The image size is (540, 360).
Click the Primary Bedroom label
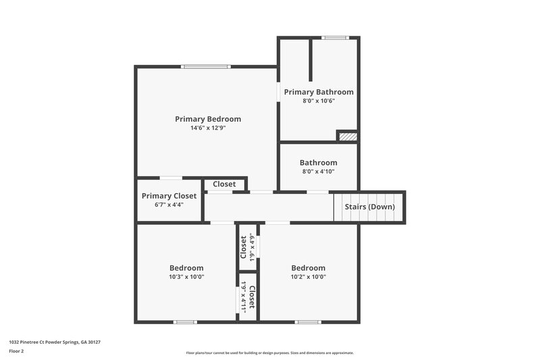tap(208, 119)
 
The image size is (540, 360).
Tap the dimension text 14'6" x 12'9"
tap(208, 128)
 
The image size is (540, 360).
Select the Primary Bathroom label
tap(319, 92)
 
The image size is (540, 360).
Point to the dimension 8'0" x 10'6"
tap(319, 101)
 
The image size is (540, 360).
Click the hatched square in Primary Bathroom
tap(347, 136)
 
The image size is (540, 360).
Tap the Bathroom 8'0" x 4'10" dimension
tap(319, 172)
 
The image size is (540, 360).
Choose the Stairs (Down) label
tap(370, 207)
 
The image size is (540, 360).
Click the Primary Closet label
tap(169, 196)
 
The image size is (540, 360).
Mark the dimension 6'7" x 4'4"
tap(169, 205)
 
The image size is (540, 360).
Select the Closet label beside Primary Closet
tap(224, 184)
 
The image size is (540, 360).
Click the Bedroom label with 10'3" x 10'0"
tap(186, 267)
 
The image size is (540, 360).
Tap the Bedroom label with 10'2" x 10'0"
tap(308, 267)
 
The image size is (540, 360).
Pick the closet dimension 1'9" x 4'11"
tap(244, 297)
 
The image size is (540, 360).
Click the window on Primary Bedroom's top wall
tap(206, 66)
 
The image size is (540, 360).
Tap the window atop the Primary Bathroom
tap(334, 38)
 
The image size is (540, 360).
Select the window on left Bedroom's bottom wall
tap(185, 322)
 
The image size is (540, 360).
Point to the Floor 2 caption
tap(17, 351)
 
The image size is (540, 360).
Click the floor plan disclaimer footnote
tap(269, 353)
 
